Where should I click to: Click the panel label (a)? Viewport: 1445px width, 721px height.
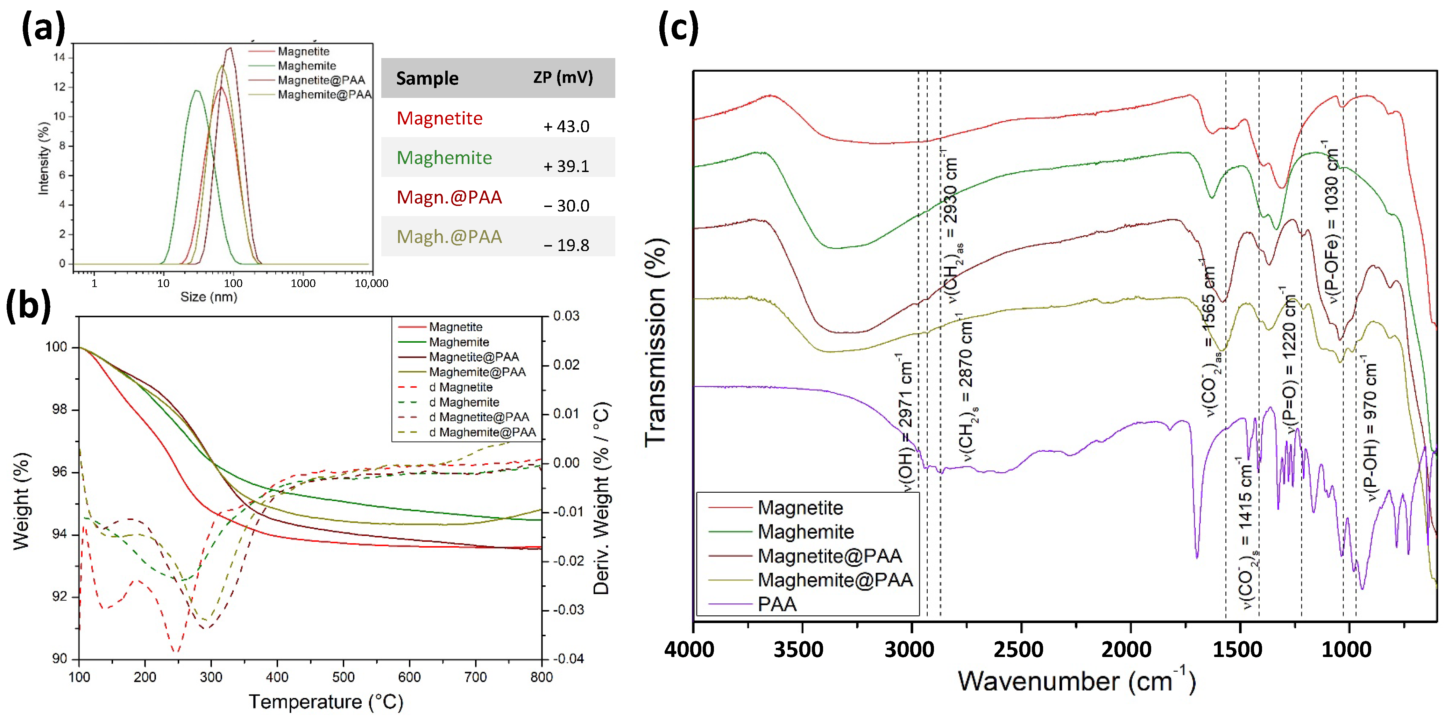pos(43,28)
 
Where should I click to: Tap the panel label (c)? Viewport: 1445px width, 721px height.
pos(678,28)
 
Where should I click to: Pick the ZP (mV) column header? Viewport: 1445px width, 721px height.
pos(562,77)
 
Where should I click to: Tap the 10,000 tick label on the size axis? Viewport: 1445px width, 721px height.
pos(371,284)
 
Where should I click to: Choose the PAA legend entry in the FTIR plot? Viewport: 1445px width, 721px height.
pos(777,604)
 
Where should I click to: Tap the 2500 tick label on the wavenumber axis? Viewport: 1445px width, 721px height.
pos(1018,650)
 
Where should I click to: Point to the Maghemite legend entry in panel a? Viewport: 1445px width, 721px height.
pos(307,66)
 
